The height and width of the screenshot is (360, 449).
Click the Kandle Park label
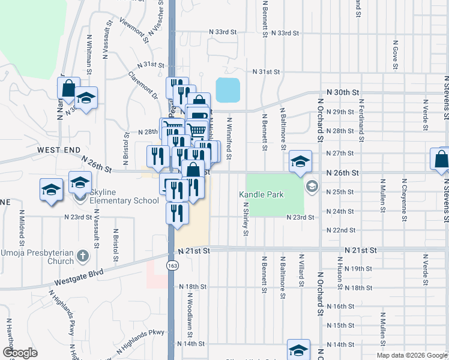pyautogui.click(x=261, y=194)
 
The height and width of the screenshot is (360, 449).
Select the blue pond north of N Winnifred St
pyautogui.click(x=228, y=90)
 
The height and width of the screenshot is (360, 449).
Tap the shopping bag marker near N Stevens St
pyautogui.click(x=441, y=160)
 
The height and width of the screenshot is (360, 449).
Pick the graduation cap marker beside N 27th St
pyautogui.click(x=300, y=161)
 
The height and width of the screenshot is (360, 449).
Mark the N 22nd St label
pyautogui.click(x=340, y=230)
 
